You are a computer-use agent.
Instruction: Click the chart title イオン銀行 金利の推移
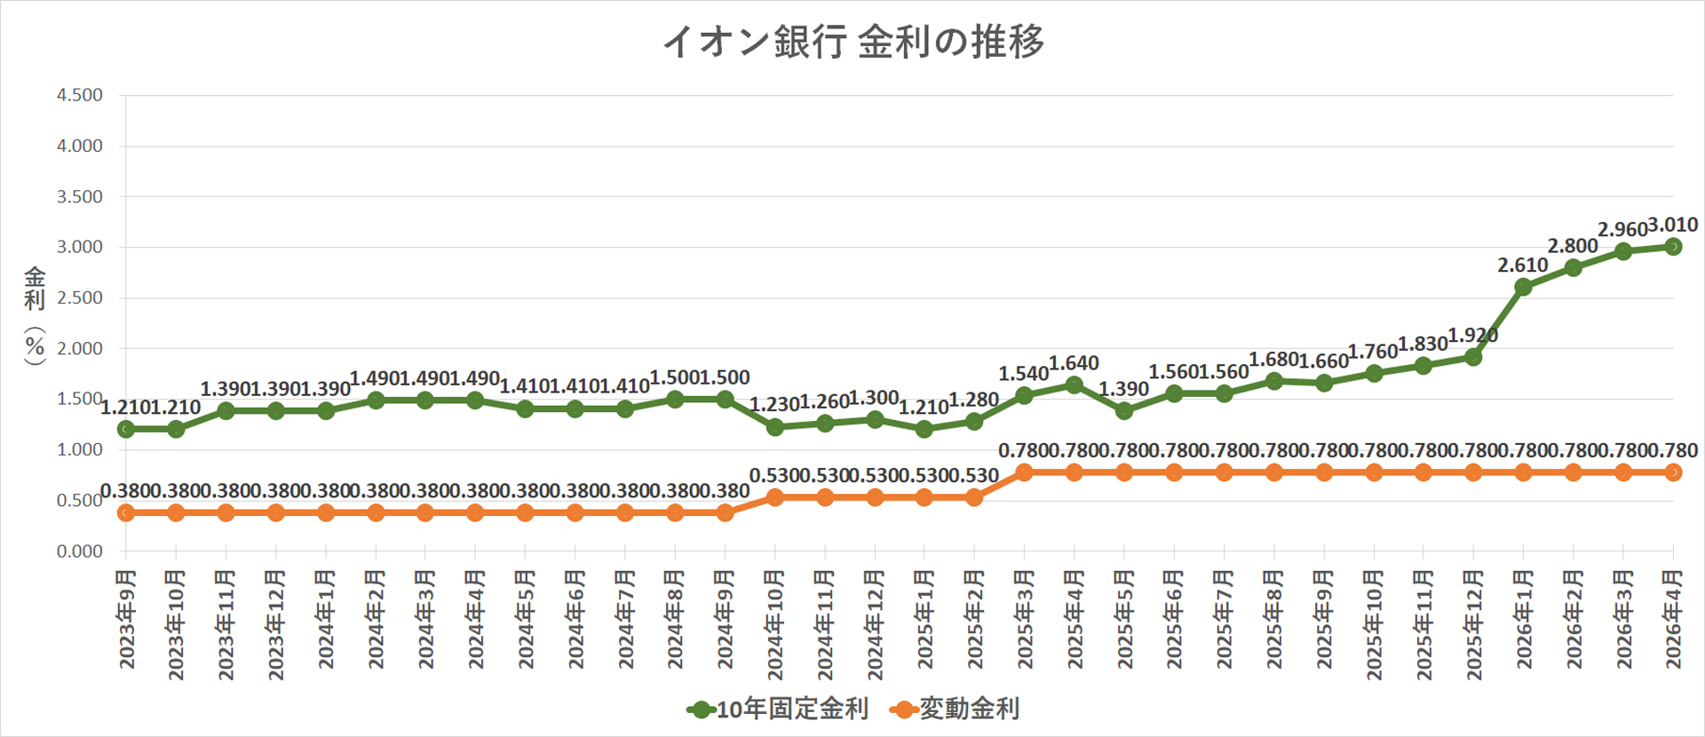(x=853, y=42)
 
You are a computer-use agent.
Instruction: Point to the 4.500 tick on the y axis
(x=80, y=95)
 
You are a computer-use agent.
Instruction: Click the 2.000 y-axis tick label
(x=80, y=348)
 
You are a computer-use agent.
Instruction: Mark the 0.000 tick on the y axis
(x=80, y=551)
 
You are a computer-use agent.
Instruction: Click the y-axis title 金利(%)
(x=35, y=315)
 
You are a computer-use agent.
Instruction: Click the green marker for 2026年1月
(x=1523, y=287)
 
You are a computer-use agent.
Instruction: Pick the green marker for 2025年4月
(x=1074, y=384)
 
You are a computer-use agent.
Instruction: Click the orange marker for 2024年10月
(x=774, y=497)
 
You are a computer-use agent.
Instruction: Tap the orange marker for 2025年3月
(x=1024, y=472)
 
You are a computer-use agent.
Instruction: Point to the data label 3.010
(x=1673, y=225)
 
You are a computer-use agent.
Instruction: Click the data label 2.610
(x=1522, y=265)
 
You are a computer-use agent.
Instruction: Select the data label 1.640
(x=1074, y=362)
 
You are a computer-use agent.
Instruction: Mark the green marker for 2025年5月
(x=1123, y=411)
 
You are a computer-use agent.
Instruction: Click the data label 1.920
(x=1473, y=336)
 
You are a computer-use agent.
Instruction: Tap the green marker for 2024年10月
(x=774, y=427)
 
